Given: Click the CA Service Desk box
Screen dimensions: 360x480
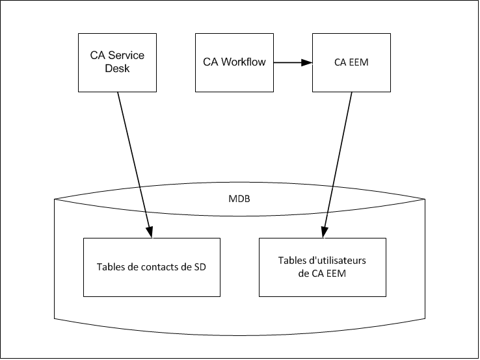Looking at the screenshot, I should pos(117,62).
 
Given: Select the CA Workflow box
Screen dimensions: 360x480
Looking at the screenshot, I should pos(234,62).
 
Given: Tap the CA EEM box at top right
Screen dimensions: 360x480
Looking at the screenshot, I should pos(351,62).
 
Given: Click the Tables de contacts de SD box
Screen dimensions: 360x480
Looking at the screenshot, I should pos(152,266).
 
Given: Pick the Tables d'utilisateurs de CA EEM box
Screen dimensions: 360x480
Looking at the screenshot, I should pos(323,266).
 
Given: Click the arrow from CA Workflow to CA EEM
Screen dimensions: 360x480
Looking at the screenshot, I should pos(289,62).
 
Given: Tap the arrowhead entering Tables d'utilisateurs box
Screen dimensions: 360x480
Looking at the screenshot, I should pos(323,232).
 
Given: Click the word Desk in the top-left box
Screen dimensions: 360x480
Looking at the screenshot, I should pos(117,68).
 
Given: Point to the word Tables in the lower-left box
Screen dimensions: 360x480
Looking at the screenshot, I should pos(111,267).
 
